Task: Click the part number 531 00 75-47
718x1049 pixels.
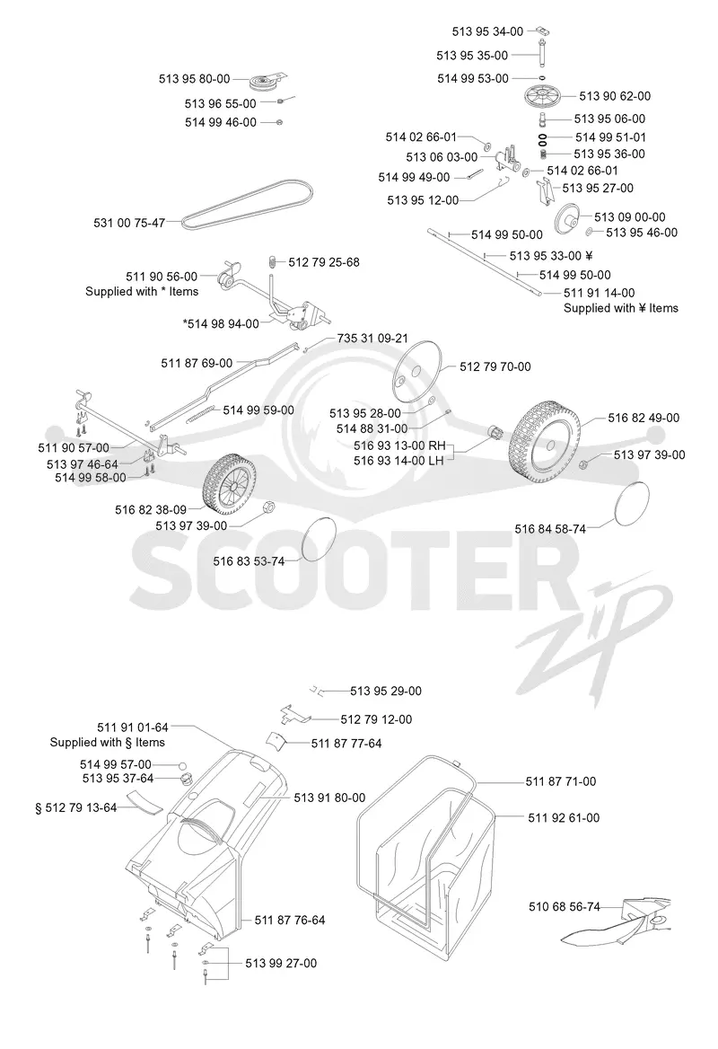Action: (x=129, y=223)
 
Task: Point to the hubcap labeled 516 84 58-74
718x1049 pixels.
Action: (x=630, y=505)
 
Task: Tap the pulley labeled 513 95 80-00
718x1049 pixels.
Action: (x=266, y=82)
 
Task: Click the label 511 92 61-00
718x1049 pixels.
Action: (x=564, y=817)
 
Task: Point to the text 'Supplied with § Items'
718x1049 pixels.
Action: (x=107, y=742)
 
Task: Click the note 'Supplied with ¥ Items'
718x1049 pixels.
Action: (x=621, y=308)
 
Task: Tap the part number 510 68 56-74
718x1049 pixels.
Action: (x=565, y=906)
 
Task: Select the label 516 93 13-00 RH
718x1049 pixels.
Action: (x=399, y=445)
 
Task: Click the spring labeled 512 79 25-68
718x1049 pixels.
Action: (x=272, y=261)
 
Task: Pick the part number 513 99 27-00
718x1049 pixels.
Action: (x=281, y=963)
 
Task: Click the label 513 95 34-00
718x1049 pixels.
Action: (x=487, y=31)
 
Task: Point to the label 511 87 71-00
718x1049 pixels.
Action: (x=560, y=780)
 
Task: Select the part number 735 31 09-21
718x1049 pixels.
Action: (x=372, y=338)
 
